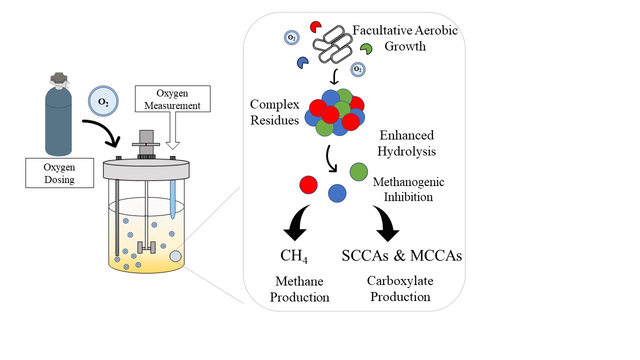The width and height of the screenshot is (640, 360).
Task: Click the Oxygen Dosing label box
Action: coord(59,172)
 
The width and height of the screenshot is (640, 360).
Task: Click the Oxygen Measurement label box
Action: coord(172,99)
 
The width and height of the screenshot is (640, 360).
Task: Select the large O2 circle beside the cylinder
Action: coord(103,101)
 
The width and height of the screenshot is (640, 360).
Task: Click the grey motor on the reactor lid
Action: coord(146,143)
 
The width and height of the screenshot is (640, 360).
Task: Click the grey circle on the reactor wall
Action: coord(175,256)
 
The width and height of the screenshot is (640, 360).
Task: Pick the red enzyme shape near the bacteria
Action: coord(315,26)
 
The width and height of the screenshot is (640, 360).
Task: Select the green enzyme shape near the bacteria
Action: coord(366,48)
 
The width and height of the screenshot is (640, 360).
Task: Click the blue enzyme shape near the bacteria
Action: coord(302,63)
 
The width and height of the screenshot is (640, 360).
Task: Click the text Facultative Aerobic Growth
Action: coord(405,38)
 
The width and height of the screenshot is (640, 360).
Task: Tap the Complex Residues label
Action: coord(274,112)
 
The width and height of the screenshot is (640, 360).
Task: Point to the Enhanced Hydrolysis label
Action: coord(406,143)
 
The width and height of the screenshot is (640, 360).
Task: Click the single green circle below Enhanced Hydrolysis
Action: coord(358,171)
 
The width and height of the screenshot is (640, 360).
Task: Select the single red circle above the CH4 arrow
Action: coord(308,184)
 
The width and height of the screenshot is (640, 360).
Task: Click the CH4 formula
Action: coord(294,256)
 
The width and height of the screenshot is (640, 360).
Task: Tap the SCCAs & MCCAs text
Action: coord(401,255)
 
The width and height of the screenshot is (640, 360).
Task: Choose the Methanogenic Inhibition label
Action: coord(408,189)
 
